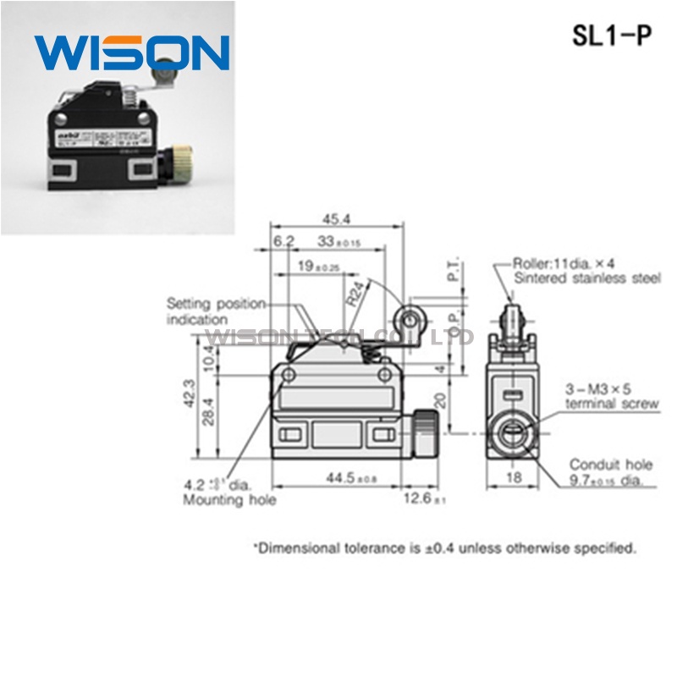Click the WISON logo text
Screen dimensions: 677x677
point(131,52)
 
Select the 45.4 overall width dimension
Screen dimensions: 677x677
point(336,219)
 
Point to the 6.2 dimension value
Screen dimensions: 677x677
point(283,242)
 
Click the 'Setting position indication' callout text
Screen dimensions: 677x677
point(215,311)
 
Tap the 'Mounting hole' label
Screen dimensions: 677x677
point(229,500)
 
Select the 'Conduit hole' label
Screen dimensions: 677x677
point(610,464)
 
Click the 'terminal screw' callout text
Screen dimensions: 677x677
point(612,404)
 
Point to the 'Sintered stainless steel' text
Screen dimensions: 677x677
point(587,278)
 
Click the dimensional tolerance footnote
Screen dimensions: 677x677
point(444,548)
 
